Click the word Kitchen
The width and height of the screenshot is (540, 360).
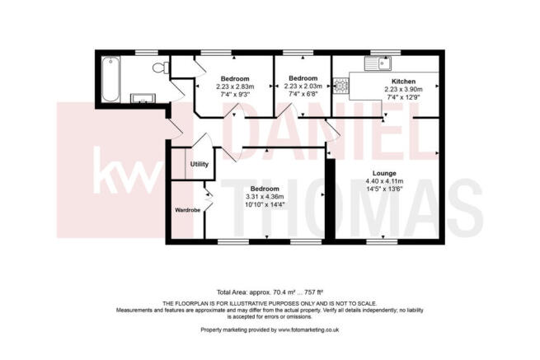point(403,81)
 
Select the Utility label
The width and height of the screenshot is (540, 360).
point(200,164)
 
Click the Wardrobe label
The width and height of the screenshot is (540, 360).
point(187,211)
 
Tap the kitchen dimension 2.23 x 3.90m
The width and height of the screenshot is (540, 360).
point(403,89)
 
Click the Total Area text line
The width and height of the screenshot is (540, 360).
point(269,292)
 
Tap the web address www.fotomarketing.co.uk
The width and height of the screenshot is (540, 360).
point(309,330)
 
